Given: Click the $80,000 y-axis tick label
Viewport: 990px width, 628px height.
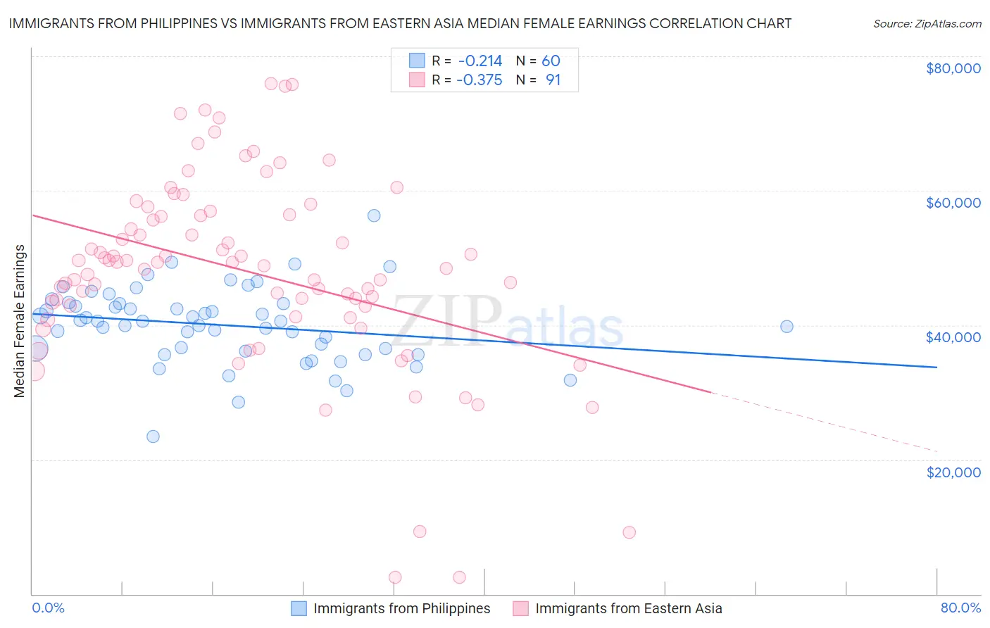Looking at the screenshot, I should point(953,68).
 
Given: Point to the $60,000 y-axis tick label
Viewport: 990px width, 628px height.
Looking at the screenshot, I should point(953,203).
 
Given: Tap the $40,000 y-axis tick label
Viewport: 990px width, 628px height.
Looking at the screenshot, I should point(953,337).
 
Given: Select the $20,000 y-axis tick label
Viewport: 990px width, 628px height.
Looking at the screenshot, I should point(953,472).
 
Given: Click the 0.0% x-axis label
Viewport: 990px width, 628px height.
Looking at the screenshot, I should point(48,608).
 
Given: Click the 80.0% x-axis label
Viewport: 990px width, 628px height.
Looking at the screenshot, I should point(960,608).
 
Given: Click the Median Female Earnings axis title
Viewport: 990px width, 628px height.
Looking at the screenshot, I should point(20,321).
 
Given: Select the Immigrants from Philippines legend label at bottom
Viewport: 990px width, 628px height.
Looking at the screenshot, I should point(401,608).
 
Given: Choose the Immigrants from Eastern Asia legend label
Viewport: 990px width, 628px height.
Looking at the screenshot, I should point(628,608).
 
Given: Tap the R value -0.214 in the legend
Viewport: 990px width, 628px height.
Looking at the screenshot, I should point(480,61).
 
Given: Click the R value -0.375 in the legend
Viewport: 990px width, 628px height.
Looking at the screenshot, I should point(480,80).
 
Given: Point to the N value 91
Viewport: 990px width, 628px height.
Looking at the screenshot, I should point(553,80).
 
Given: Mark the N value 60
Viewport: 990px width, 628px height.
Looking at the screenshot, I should point(551,61).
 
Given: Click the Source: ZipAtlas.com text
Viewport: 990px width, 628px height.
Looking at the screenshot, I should point(927,23).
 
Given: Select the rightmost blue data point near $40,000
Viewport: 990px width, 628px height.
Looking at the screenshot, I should point(787,327).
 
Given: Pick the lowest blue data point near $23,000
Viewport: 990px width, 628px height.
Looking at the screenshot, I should point(153,437).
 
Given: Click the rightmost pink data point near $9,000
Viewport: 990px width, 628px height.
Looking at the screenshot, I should point(629,532).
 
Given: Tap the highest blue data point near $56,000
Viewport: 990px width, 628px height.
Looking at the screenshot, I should point(374,215).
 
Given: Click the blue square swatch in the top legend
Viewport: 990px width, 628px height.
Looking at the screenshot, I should point(417,61).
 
